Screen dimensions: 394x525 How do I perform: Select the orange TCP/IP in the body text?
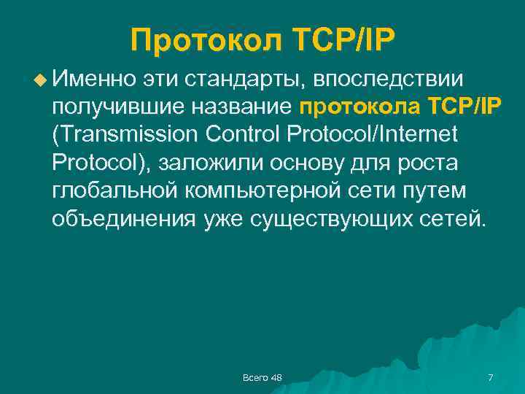(x=461, y=107)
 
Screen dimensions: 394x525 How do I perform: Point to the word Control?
(x=244, y=134)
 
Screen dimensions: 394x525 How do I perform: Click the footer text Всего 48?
(x=262, y=376)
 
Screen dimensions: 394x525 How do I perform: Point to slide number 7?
(x=490, y=376)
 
